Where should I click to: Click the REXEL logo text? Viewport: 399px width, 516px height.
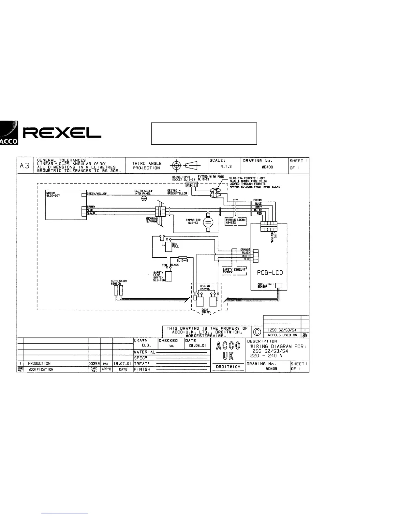click(x=62, y=133)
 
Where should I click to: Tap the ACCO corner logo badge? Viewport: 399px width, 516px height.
click(x=9, y=133)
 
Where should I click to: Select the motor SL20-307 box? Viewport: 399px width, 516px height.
click(x=62, y=205)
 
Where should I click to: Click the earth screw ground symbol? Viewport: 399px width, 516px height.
click(x=144, y=199)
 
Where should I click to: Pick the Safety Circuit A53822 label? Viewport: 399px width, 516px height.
click(x=234, y=271)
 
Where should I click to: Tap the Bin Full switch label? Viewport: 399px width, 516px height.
click(x=175, y=245)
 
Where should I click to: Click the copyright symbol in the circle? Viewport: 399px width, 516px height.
click(x=257, y=332)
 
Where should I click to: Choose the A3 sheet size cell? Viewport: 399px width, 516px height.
click(x=25, y=165)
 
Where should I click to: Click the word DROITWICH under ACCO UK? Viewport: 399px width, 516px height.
click(x=228, y=367)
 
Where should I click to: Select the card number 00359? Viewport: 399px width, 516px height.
click(x=94, y=364)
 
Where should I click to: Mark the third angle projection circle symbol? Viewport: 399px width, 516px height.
click(x=176, y=165)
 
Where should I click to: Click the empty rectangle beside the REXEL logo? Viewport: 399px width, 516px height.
click(x=204, y=133)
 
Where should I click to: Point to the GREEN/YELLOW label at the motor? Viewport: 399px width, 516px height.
click(x=97, y=194)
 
